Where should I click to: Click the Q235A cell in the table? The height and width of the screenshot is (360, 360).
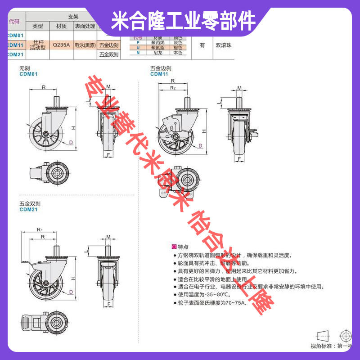[61, 45]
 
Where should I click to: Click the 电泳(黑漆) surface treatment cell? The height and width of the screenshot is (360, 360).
[85, 45]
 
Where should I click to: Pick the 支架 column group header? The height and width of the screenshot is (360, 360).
[73, 16]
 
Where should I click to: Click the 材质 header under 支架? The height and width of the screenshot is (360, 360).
[61, 26]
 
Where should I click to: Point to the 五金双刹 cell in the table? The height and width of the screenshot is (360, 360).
[108, 54]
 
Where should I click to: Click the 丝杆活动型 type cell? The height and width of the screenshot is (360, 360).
[38, 45]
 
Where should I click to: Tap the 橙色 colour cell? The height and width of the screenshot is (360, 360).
[177, 47]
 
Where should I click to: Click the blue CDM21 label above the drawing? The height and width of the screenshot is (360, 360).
[28, 210]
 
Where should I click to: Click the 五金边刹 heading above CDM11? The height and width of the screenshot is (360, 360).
[161, 68]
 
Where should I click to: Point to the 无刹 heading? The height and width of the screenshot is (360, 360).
[24, 68]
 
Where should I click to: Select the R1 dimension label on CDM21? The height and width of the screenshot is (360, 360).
[39, 230]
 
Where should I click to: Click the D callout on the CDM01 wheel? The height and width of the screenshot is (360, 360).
[71, 143]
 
